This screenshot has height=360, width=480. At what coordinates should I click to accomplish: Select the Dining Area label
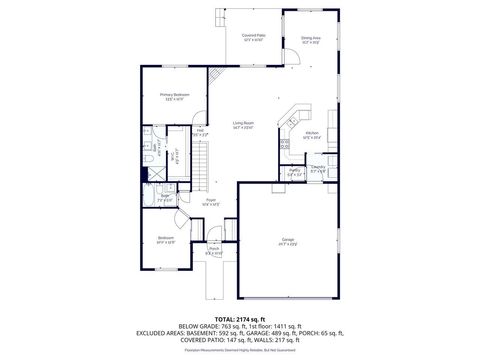(x=311, y=39)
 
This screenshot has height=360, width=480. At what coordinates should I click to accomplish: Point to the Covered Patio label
(x=253, y=36)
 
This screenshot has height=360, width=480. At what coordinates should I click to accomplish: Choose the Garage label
(x=287, y=240)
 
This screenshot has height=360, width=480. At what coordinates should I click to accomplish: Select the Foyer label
(x=211, y=200)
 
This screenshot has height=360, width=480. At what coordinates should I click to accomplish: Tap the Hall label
(x=200, y=130)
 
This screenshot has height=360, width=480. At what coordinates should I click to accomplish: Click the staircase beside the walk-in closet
(x=201, y=160)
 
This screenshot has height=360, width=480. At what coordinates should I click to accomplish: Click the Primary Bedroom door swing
(x=197, y=113)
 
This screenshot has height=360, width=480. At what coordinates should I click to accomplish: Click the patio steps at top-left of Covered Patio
(x=220, y=16)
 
